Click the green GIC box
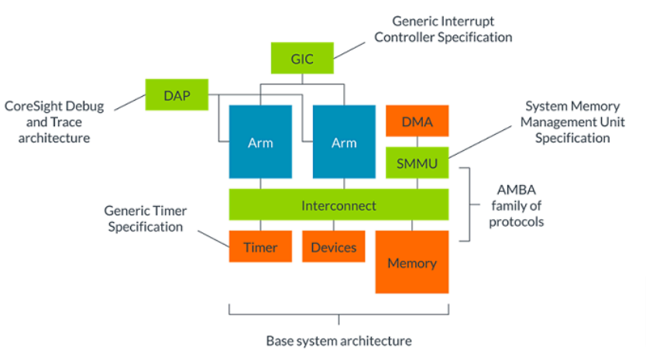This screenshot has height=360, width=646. (302, 58)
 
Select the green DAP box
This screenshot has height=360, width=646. (177, 94)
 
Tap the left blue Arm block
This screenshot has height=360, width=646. (260, 142)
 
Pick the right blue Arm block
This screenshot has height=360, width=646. (344, 142)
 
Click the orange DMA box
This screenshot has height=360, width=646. (417, 121)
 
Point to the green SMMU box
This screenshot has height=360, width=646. (417, 163)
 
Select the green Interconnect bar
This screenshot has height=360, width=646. (338, 204)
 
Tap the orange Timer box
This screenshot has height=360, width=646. (260, 246)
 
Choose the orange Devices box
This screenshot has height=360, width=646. (334, 246)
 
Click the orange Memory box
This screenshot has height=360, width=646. (412, 262)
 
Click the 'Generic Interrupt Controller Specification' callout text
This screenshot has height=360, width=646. (443, 29)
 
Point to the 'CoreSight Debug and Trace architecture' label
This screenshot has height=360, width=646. (54, 122)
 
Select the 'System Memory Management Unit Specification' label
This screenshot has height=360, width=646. (572, 122)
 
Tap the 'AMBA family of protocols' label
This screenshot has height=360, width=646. (516, 205)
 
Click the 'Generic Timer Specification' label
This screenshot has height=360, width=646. (146, 218)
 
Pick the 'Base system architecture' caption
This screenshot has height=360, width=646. (338, 341)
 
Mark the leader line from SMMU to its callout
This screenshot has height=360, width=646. (480, 142)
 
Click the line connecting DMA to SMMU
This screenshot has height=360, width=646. (417, 142)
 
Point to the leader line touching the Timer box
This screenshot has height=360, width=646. (214, 239)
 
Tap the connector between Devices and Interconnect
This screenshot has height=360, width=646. (334, 225)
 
